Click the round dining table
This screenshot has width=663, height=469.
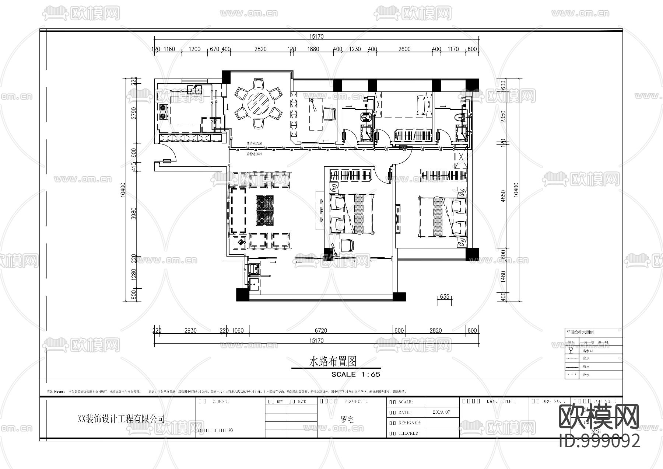[x=258, y=103]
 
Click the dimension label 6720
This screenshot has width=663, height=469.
[x=321, y=330]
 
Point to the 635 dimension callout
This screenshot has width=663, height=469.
[x=445, y=296]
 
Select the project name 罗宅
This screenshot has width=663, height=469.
[x=347, y=419]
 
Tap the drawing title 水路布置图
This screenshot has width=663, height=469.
[x=333, y=362]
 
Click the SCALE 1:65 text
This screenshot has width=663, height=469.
[x=356, y=374]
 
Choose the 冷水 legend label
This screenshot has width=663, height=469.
[x=586, y=375]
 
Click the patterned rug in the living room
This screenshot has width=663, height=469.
[x=265, y=211]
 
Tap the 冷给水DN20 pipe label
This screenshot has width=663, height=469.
[x=254, y=154]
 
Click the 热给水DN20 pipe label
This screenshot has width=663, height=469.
[x=254, y=143]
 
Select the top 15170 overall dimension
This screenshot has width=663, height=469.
[x=316, y=37]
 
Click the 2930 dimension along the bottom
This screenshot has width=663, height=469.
[x=190, y=330]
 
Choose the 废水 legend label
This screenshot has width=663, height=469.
[x=586, y=358]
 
